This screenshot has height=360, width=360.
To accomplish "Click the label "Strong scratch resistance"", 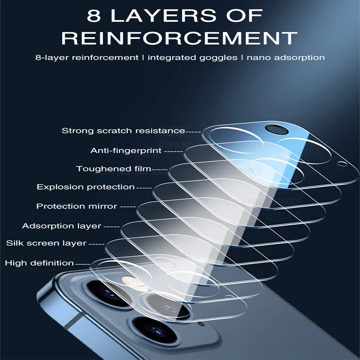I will (x=123, y=131).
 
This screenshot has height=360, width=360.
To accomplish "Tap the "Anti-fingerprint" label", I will (x=126, y=150).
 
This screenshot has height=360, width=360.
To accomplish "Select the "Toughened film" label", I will (x=113, y=168).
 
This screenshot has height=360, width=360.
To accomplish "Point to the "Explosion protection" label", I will (x=86, y=187).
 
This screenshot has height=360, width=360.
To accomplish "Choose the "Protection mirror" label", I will (x=77, y=206).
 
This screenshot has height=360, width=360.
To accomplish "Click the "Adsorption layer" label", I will (x=62, y=226).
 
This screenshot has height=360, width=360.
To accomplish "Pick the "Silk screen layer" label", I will (x=46, y=243).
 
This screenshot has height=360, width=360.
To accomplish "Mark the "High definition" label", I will (x=39, y=263).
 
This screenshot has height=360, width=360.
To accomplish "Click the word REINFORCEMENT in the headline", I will (x=180, y=37).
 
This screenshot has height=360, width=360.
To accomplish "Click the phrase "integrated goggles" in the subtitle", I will (x=192, y=57).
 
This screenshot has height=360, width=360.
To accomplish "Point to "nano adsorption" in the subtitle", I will (x=285, y=57).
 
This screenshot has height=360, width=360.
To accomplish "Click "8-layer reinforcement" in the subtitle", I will (x=87, y=57).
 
